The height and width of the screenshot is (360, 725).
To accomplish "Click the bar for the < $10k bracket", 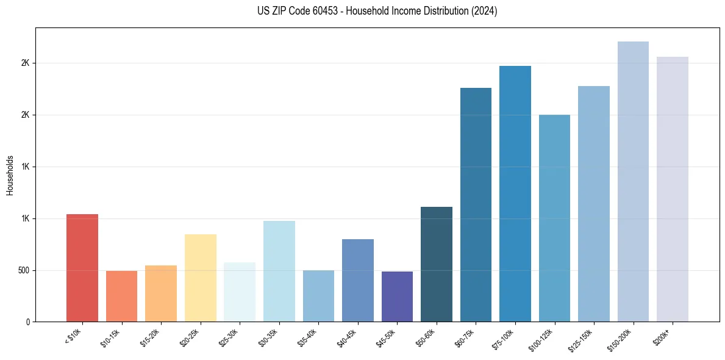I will pyautogui.click(x=82, y=268).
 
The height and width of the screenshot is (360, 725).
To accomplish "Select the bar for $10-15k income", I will pyautogui.click(x=121, y=296).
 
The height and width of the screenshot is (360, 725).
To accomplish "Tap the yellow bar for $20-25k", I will pyautogui.click(x=200, y=278).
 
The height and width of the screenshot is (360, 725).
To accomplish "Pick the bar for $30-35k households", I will pyautogui.click(x=279, y=271).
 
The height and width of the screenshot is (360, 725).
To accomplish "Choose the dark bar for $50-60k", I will pyautogui.click(x=436, y=264).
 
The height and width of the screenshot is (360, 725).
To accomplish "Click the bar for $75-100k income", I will pyautogui.click(x=515, y=193).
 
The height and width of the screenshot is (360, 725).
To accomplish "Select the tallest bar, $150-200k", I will pyautogui.click(x=633, y=181).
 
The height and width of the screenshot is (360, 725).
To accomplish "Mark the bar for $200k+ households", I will pyautogui.click(x=672, y=189).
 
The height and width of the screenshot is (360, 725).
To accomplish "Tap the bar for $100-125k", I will pyautogui.click(x=554, y=218).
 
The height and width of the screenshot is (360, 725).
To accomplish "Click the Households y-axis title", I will pyautogui.click(x=10, y=175).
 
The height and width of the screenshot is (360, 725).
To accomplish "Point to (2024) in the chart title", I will pyautogui.click(x=484, y=11).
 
